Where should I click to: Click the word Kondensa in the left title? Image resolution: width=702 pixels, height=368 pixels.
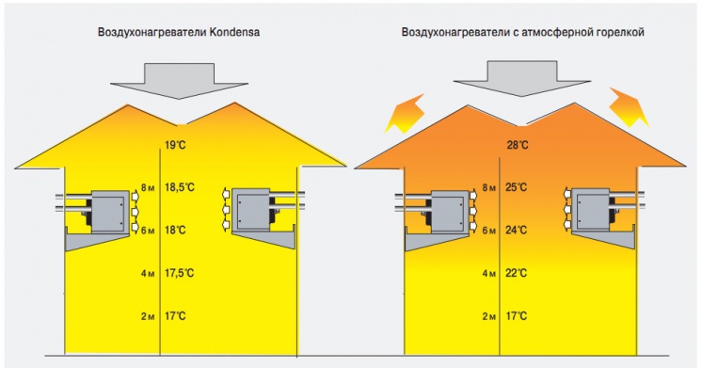tap(233, 32)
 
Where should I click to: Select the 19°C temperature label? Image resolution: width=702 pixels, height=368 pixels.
tap(176, 145)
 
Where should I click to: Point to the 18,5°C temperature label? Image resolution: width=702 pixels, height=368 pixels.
tap(181, 188)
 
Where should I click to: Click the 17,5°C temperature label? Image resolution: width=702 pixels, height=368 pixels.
tap(181, 273)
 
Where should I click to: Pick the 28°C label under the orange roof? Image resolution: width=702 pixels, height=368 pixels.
tap(517, 145)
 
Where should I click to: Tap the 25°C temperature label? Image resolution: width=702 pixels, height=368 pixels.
tap(517, 188)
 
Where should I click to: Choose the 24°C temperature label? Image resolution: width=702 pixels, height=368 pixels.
tap(517, 230)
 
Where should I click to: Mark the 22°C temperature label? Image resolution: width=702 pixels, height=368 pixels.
tap(517, 273)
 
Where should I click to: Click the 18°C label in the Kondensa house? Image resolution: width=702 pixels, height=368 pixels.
tap(176, 230)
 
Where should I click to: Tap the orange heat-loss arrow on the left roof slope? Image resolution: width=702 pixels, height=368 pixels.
tap(401, 114)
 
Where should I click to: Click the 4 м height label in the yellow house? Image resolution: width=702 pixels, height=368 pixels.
tap(146, 273)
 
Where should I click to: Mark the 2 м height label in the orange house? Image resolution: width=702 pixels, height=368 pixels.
tap(488, 316)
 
